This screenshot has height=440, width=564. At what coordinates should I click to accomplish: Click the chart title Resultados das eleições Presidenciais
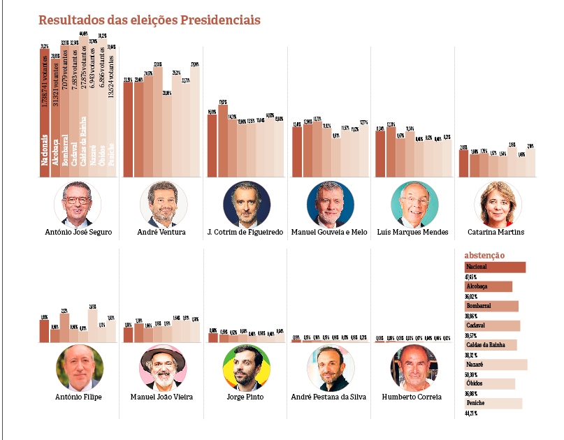[x=150, y=20]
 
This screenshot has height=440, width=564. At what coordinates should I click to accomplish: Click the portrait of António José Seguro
[x=77, y=203]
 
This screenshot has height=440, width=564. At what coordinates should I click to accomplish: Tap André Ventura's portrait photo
[x=163, y=203]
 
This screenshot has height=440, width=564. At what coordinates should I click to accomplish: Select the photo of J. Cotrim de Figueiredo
[x=246, y=203]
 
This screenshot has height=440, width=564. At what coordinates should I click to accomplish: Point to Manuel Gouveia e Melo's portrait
[x=330, y=203]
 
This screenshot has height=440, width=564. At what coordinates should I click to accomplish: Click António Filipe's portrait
[x=79, y=367]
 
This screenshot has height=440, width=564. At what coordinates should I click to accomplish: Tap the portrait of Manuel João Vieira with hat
[x=163, y=367]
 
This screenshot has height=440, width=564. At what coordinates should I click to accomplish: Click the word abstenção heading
[x=484, y=256]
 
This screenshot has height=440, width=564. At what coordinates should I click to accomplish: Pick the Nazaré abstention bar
[x=496, y=365]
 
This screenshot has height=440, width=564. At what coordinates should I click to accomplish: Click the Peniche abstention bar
[x=493, y=403]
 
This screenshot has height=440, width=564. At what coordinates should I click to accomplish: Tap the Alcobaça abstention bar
[x=488, y=286]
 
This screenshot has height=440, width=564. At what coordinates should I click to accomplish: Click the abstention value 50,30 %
[x=473, y=375]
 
